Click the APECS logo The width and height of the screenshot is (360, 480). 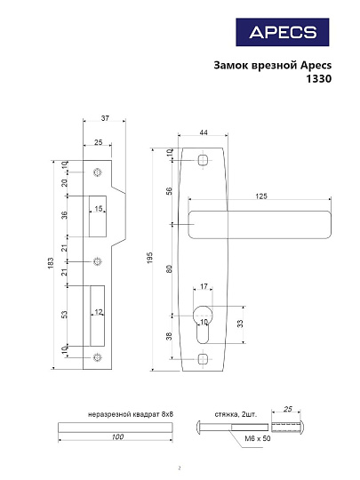tap(283, 33)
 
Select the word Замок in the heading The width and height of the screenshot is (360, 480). tap(235, 64)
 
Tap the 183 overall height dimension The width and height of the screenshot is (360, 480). tap(51, 265)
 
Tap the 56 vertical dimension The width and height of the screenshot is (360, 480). tap(169, 189)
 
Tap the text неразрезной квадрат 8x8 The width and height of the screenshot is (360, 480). tap(131, 414)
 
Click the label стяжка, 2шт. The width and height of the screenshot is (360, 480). tap(236, 414)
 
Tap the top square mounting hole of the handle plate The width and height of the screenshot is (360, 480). tap(204, 160)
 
